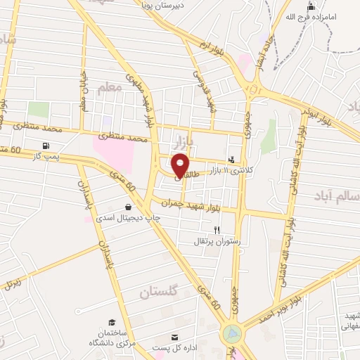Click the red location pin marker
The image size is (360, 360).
click(180, 165)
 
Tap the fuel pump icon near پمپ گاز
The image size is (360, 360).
click(46, 146)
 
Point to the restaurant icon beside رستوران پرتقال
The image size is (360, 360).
click(217, 230)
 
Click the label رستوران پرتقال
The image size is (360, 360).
click(217, 241)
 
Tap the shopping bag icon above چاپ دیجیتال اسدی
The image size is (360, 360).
click(127, 207)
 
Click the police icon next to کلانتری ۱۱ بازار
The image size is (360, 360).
click(232, 160)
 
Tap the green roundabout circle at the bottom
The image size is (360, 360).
click(232, 333)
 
